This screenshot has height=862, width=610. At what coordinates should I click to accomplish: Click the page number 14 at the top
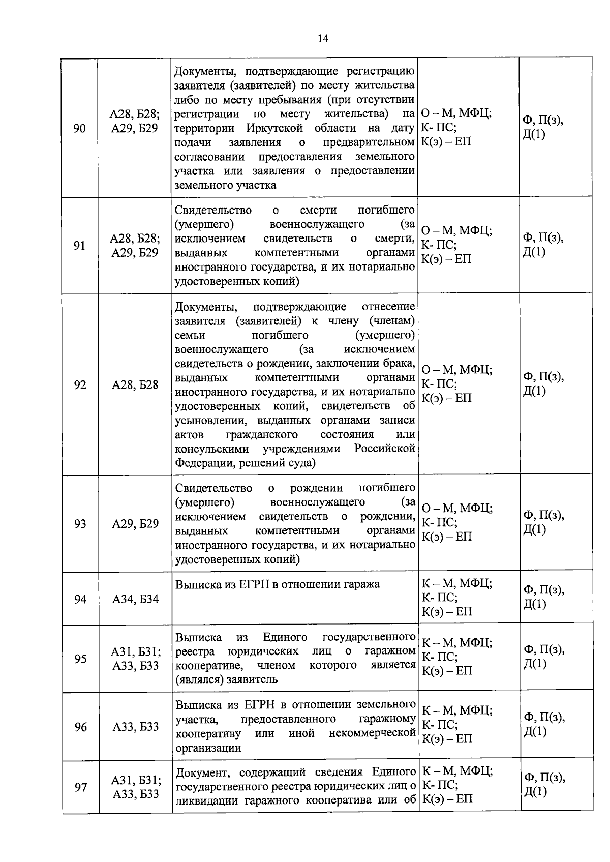coord(323,38)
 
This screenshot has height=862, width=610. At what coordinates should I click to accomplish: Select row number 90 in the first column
coord(79,128)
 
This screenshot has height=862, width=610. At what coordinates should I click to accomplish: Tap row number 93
coord(80,524)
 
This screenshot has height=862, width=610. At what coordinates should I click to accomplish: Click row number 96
coord(81,727)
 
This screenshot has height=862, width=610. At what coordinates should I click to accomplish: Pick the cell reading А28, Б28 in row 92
coord(135,385)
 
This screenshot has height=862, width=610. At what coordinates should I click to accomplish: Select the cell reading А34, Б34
coord(135,599)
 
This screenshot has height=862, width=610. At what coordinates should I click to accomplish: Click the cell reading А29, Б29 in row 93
coord(135,524)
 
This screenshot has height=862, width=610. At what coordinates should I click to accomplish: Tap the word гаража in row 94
coord(361,584)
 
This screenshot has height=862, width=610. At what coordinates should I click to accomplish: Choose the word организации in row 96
coord(208,748)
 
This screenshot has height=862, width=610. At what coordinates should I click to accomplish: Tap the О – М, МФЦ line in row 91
coord(456,231)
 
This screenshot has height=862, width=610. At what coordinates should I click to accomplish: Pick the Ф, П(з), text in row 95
coord(544,649)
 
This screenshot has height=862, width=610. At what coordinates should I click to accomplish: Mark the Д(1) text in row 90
coord(534,135)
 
